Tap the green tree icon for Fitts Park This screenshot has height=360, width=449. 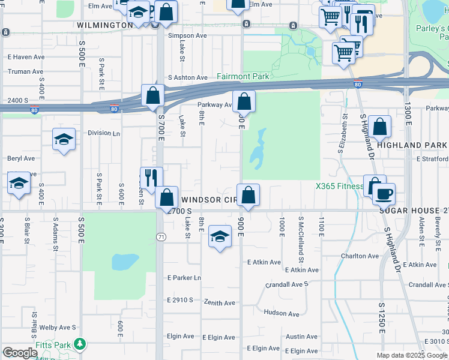[x=79, y=344]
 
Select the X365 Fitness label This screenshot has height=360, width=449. [x=340, y=186]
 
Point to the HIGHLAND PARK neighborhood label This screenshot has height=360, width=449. [x=411, y=145]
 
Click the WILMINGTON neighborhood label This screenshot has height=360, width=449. [x=105, y=25]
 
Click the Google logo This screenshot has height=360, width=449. [x=20, y=353]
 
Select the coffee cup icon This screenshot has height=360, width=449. [x=384, y=194]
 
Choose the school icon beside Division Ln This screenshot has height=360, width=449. [x=64, y=139]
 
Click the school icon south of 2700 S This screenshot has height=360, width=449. [x=220, y=238]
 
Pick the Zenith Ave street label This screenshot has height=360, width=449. [x=219, y=303]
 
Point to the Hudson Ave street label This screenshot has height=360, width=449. [x=281, y=313]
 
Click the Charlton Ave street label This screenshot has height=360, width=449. [x=360, y=256]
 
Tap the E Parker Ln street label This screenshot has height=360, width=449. [x=184, y=278]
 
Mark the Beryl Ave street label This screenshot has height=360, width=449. [x=21, y=158]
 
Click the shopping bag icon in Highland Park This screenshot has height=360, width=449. [x=379, y=127]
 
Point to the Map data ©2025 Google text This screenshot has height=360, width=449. [x=411, y=355]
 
